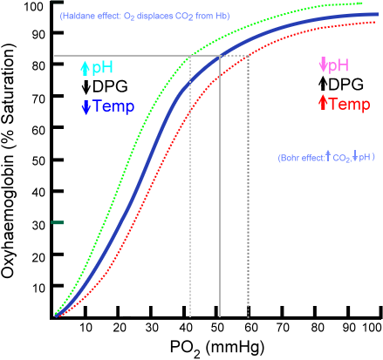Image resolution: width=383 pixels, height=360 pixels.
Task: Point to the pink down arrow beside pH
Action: tap(324, 65)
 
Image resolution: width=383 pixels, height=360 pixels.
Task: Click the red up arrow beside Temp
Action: tap(324, 104)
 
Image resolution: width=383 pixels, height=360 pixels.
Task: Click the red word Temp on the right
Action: tap(350, 104)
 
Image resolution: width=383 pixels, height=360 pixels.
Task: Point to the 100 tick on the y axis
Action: tap(34, 7)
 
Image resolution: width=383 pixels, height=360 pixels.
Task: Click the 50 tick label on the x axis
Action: tap(219, 326)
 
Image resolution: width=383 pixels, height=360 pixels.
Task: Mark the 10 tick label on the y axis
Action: tap(38, 287)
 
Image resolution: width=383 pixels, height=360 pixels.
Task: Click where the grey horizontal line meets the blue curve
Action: tap(219, 57)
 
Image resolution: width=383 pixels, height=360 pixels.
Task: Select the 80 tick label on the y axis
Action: tap(38, 68)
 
